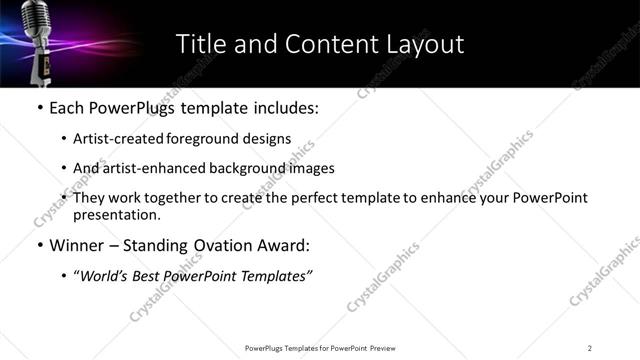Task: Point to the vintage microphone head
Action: point(38,20)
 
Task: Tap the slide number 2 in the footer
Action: point(590,347)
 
